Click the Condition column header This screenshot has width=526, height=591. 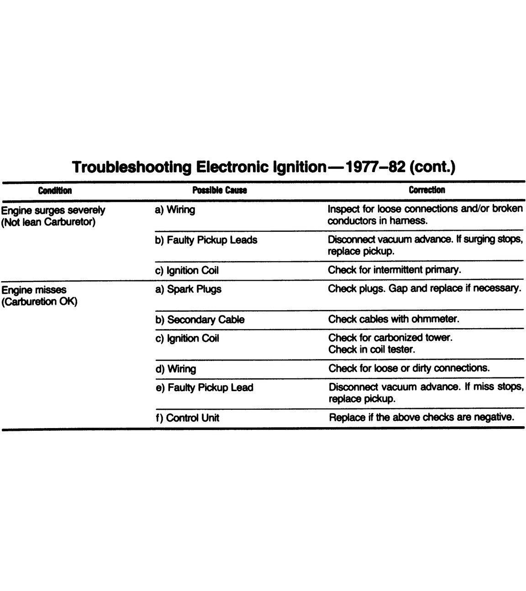55,190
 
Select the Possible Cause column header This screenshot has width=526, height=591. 219,190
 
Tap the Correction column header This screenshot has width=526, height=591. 426,190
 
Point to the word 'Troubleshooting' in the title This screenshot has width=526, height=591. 131,167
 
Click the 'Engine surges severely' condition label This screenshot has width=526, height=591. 53,210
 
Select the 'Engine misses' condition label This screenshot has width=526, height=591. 34,290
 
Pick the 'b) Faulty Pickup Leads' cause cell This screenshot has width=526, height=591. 206,240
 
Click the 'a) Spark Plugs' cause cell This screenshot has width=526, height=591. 188,289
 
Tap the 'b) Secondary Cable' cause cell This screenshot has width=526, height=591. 200,319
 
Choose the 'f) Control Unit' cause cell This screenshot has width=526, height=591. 187,418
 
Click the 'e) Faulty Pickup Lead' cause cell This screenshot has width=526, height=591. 204,387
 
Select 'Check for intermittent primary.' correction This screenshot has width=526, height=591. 394,270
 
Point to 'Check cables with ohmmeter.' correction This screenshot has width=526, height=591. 394,319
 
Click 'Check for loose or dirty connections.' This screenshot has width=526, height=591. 409,368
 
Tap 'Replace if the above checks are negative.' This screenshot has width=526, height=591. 421,417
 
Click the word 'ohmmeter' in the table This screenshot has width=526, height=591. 434,319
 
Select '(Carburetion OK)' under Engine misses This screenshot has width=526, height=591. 39,302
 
